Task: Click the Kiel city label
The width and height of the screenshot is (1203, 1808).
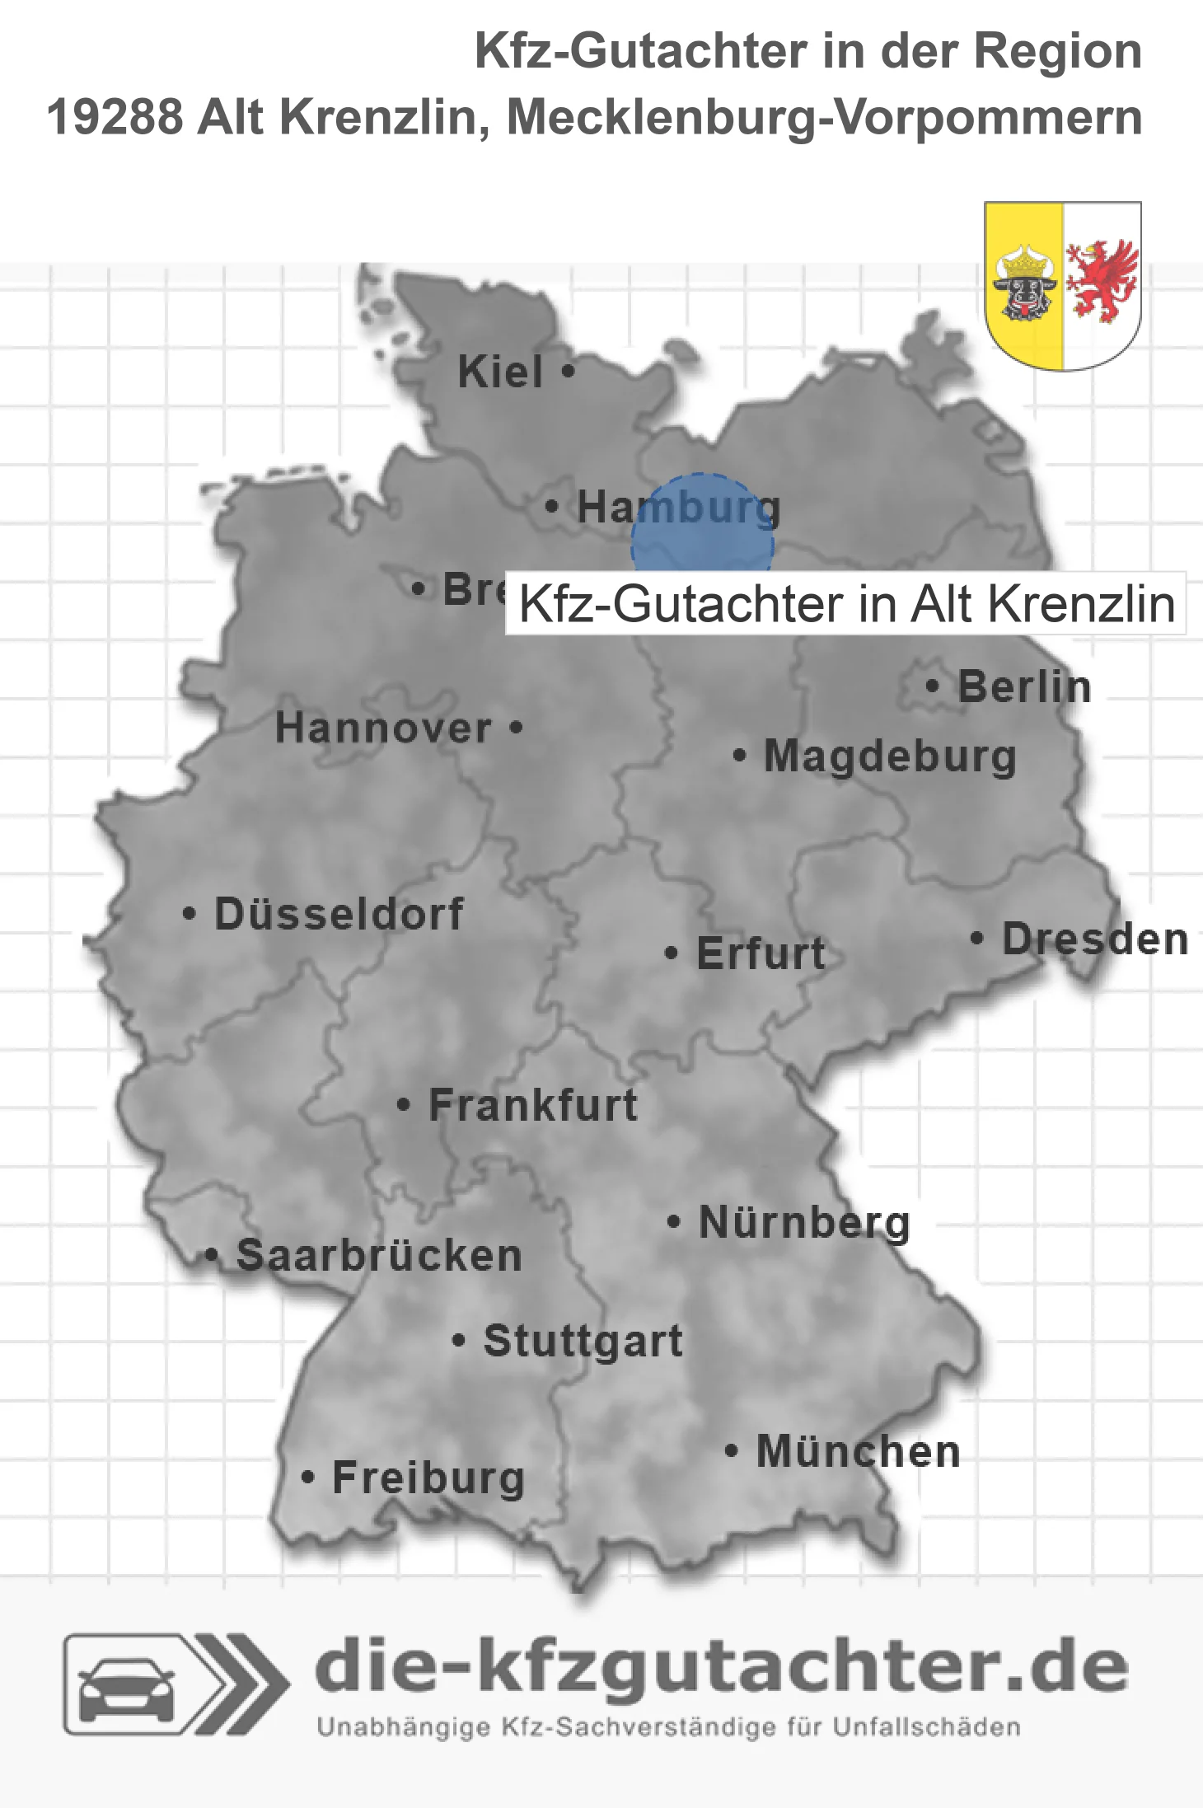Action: coord(500,372)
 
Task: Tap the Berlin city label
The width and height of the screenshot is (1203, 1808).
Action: coord(1024,686)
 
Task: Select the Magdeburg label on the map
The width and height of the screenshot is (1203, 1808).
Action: coord(890,756)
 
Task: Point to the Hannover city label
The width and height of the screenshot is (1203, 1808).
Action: coord(383,728)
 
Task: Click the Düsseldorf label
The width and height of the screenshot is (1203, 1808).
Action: coord(339,914)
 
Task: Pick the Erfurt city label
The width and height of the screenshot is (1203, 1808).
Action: coord(761,953)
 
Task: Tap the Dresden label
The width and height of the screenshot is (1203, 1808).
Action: coord(1095,939)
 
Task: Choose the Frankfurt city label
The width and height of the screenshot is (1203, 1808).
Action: coord(533,1105)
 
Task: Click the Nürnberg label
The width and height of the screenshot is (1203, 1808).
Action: coord(804,1222)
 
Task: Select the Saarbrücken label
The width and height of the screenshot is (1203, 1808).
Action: coord(379,1256)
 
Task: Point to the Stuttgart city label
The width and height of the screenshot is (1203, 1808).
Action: coord(583,1341)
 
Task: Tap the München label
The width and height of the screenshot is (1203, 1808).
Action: coord(859,1451)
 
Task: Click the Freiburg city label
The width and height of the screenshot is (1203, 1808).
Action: coord(428,1478)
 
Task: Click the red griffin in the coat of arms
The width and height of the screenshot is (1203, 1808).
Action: coord(1101,280)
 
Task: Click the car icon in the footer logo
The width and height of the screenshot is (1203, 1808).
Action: coord(126,1688)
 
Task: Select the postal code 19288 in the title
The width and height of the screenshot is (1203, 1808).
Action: coord(115,117)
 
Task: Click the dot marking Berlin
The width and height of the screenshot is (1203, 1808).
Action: coord(932,686)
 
